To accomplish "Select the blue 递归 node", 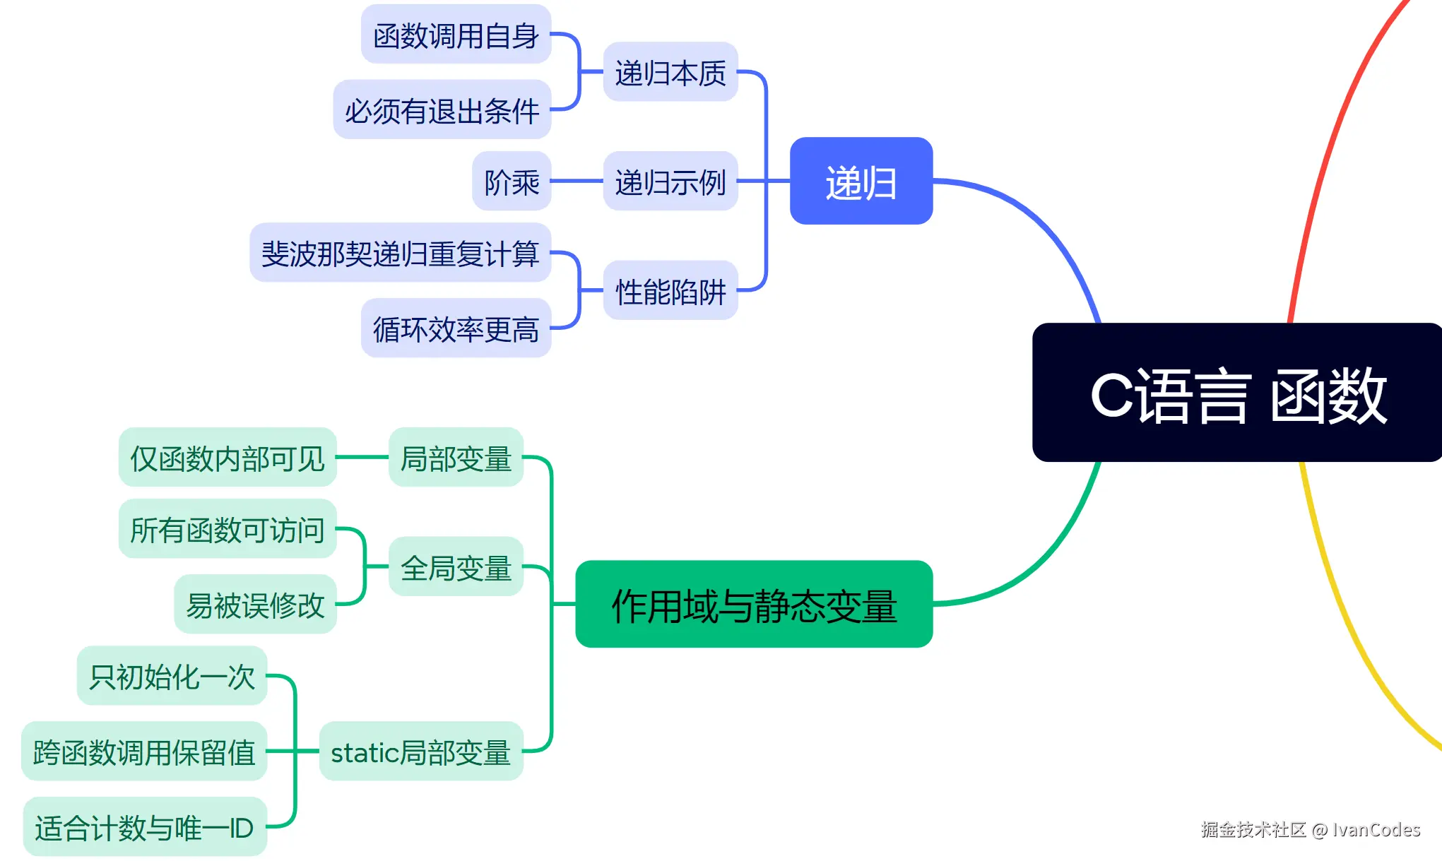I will [861, 182].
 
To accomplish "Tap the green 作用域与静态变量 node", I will [754, 605].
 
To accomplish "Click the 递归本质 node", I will [670, 72].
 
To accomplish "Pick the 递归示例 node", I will [670, 182].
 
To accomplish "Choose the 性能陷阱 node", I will [670, 291].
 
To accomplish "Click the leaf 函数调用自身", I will [456, 35].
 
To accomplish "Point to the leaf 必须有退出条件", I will [442, 110].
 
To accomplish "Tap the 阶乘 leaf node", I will [511, 182].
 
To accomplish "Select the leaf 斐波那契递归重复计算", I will [400, 253].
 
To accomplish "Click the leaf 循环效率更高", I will [456, 328].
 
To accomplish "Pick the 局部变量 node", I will [456, 458].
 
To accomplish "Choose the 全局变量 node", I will [456, 567].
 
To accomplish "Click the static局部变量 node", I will [420, 752].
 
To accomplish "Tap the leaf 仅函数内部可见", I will [227, 458].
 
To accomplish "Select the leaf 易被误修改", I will [255, 605].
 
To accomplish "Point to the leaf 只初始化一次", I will [172, 676].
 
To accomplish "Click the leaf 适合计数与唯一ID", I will [144, 827].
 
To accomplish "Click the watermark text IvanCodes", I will [1376, 829].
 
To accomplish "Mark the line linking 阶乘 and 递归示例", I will [577, 182].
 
